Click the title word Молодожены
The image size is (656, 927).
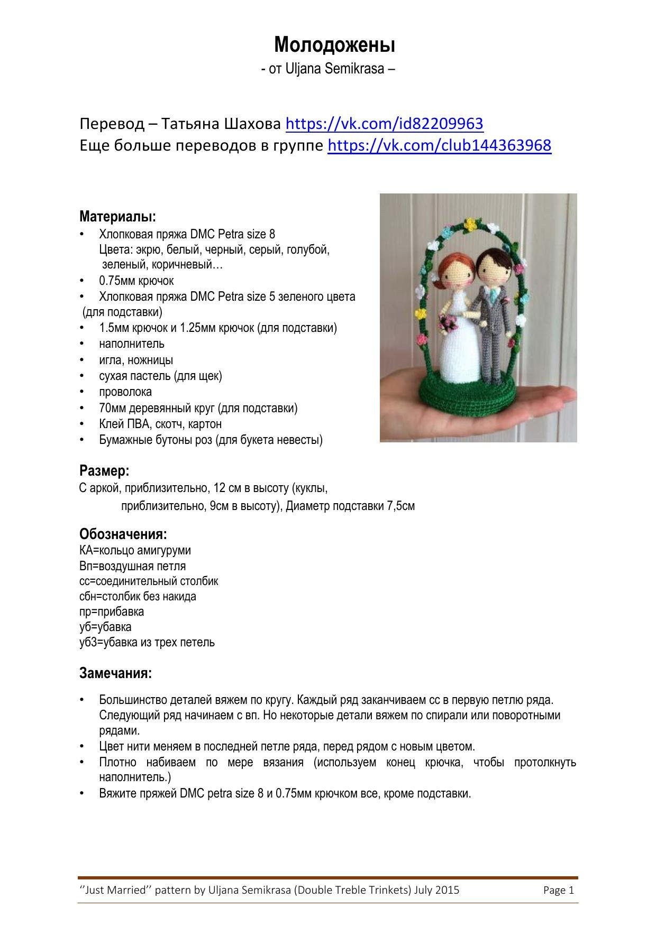[334, 45]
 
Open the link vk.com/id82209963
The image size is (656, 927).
[384, 124]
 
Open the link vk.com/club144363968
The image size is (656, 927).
[439, 145]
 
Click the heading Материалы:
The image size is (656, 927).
[117, 216]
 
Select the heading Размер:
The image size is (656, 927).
[104, 470]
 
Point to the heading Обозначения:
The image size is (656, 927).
[123, 534]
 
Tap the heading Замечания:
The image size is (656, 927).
[115, 673]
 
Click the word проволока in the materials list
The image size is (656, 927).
[125, 392]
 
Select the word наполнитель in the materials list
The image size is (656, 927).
[131, 344]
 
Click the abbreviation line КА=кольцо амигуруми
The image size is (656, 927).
[135, 550]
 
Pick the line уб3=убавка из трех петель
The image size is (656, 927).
[147, 642]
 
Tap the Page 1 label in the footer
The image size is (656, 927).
[558, 890]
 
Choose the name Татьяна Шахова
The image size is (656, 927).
[221, 124]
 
